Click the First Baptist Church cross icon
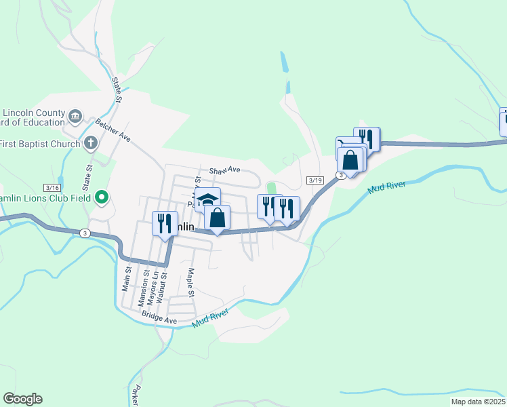click(x=92, y=143)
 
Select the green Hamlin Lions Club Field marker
click(x=102, y=197)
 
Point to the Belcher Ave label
click(x=113, y=128)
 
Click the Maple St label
click(x=190, y=283)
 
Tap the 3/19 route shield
click(x=314, y=180)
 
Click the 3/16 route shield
click(x=52, y=187)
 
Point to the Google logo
click(x=22, y=399)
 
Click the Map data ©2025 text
click(x=477, y=402)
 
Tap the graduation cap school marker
click(x=207, y=199)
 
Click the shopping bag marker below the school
click(x=218, y=218)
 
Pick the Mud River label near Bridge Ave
click(x=211, y=319)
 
